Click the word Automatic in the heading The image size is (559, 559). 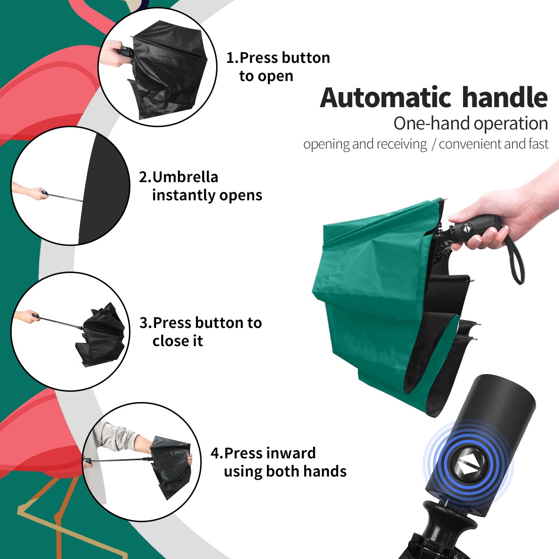pos(386,98)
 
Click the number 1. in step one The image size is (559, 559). pos(232,58)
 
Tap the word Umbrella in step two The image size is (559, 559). pos(185,177)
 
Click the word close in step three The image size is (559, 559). pos(171,341)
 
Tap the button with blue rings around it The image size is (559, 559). pos(468,467)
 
